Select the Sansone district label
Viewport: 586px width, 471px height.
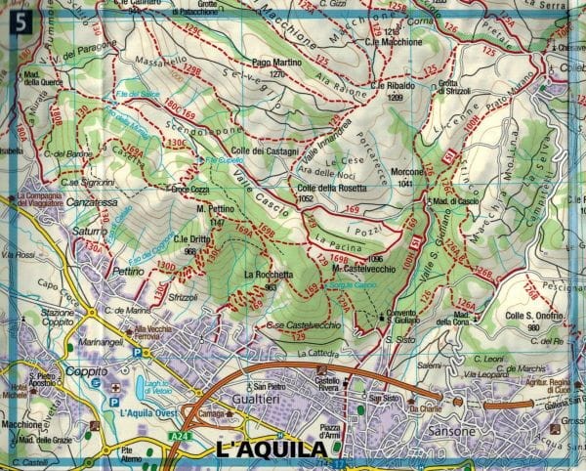pos(438,428)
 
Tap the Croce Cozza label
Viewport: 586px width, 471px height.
pos(191,189)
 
